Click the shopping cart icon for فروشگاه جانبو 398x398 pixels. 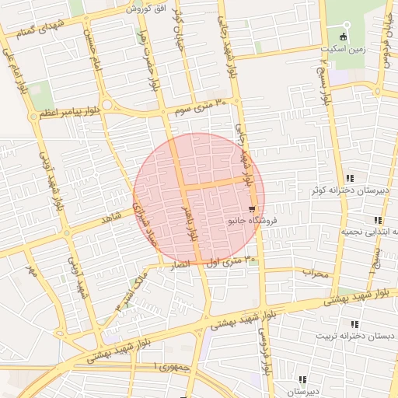pos(253,210)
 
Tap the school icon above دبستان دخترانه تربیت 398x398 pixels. pos(355,324)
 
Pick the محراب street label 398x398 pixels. pos(316,273)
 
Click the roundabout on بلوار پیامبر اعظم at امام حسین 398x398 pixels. pos(106,105)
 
